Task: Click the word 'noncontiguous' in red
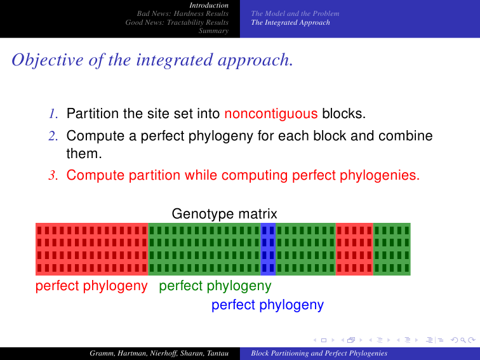(271, 114)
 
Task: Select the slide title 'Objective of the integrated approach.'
(152, 60)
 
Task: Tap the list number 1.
(53, 114)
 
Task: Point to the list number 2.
(53, 136)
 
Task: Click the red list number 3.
(53, 175)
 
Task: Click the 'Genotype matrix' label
(224, 214)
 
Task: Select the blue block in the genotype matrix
(268, 249)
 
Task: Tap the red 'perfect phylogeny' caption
(91, 286)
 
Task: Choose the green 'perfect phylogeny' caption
(215, 286)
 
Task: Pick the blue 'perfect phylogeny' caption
(267, 305)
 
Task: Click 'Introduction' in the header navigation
(209, 5)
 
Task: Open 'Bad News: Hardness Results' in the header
(183, 13)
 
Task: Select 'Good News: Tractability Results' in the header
(177, 22)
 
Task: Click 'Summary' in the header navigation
(214, 30)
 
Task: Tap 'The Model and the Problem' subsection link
(295, 13)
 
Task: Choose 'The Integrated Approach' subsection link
(291, 22)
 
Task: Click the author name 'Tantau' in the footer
(218, 353)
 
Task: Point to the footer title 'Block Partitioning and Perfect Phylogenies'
(319, 353)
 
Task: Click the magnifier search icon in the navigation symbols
(463, 340)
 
